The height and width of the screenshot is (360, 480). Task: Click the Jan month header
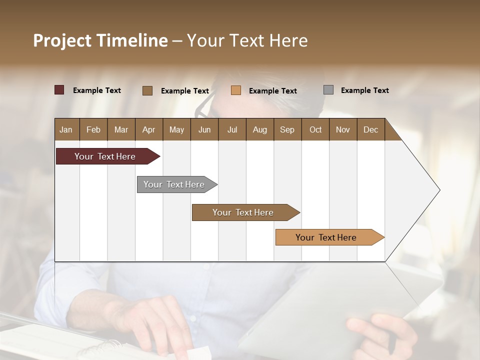click(66, 129)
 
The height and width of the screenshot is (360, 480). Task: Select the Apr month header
click(148, 129)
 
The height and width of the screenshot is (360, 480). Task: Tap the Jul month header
click(232, 129)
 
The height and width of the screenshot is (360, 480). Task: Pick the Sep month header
click(287, 129)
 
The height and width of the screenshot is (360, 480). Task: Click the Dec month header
click(370, 129)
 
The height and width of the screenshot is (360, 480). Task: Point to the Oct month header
click(315, 129)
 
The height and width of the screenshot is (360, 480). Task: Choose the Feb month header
click(93, 129)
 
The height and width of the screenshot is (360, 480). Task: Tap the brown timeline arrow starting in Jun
click(243, 212)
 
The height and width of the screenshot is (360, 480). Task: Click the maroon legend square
click(59, 90)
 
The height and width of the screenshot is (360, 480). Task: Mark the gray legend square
click(328, 90)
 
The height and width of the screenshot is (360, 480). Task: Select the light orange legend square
click(236, 90)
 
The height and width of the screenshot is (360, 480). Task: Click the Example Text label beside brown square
click(184, 91)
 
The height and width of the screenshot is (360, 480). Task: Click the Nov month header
click(342, 129)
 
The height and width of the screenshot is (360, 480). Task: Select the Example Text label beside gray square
click(364, 90)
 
